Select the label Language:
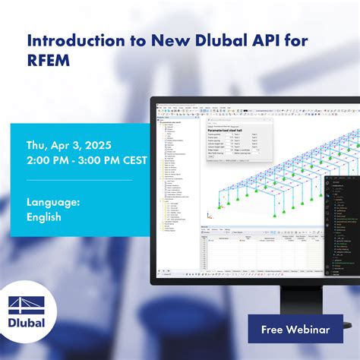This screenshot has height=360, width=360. click(53, 201)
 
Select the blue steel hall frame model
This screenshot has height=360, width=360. click(258, 190)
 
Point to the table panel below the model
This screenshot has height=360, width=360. click(258, 251)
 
